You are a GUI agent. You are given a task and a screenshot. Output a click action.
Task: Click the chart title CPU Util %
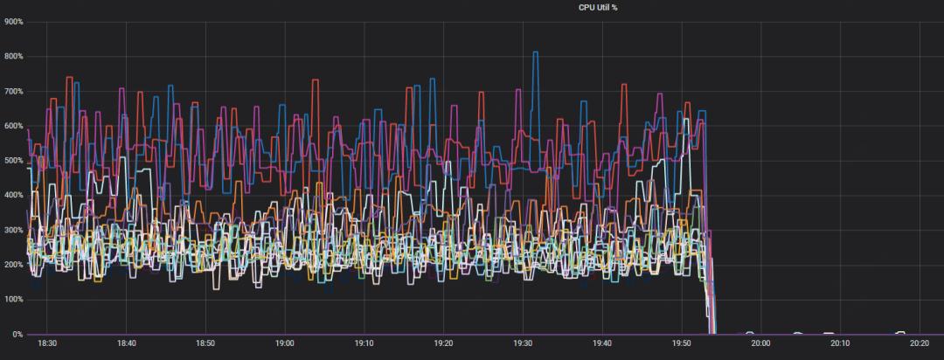(598, 7)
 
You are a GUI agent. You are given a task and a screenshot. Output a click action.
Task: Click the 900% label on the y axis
(13, 22)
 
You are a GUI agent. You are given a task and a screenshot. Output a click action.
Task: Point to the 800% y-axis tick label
(13, 57)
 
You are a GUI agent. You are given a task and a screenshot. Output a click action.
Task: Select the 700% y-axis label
(13, 92)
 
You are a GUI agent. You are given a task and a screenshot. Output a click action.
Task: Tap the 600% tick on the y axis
(13, 126)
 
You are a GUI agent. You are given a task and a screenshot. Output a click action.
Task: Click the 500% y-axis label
(13, 161)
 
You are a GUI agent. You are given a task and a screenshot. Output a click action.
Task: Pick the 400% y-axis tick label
(13, 195)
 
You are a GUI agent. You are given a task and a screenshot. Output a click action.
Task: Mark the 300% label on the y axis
(13, 230)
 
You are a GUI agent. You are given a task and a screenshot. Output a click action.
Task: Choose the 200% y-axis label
(13, 265)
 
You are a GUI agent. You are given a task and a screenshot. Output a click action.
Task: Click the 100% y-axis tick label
(13, 299)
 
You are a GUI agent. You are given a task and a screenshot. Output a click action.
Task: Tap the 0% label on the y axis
(17, 334)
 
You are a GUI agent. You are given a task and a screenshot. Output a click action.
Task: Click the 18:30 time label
(47, 343)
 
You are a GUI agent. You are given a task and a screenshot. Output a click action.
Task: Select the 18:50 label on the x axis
(205, 343)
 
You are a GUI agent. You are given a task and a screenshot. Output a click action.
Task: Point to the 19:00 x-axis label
(285, 343)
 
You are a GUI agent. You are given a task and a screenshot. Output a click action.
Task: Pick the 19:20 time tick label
(444, 343)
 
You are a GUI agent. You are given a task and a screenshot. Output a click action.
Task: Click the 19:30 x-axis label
(523, 343)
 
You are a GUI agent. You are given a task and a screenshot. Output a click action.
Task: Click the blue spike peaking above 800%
(535, 52)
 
